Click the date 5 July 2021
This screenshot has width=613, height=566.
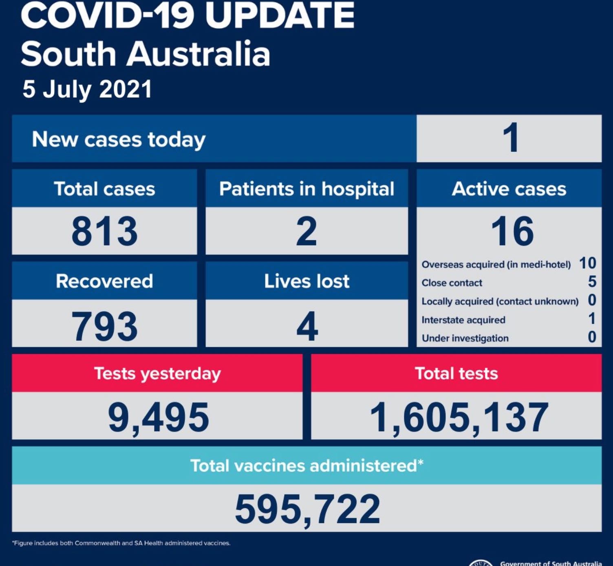[x=87, y=89]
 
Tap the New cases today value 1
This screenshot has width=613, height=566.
[x=510, y=138]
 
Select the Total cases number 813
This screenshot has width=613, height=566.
[x=105, y=231]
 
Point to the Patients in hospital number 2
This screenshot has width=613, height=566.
[x=306, y=231]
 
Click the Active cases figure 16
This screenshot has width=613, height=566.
[x=512, y=231]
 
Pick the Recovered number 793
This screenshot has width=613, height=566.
[x=105, y=326]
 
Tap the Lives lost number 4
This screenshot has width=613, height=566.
[x=307, y=326]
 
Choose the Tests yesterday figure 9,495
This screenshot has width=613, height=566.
[x=158, y=417]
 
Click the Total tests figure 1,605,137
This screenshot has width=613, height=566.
[x=459, y=417]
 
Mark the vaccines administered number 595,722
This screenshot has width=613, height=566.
[x=307, y=509]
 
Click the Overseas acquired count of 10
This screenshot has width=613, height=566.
[x=588, y=263]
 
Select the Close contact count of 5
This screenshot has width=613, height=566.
[x=592, y=282]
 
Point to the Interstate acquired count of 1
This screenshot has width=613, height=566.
[x=592, y=318]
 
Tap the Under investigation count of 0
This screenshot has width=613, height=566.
[x=592, y=337]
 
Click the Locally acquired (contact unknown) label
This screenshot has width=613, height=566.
[x=500, y=301]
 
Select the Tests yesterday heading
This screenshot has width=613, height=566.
[x=157, y=373]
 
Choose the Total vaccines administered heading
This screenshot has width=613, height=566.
[x=306, y=465]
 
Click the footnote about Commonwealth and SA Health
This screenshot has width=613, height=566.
[x=121, y=543]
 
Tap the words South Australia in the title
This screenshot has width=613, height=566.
[x=146, y=54]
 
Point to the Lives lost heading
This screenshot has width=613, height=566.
[x=306, y=281]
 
